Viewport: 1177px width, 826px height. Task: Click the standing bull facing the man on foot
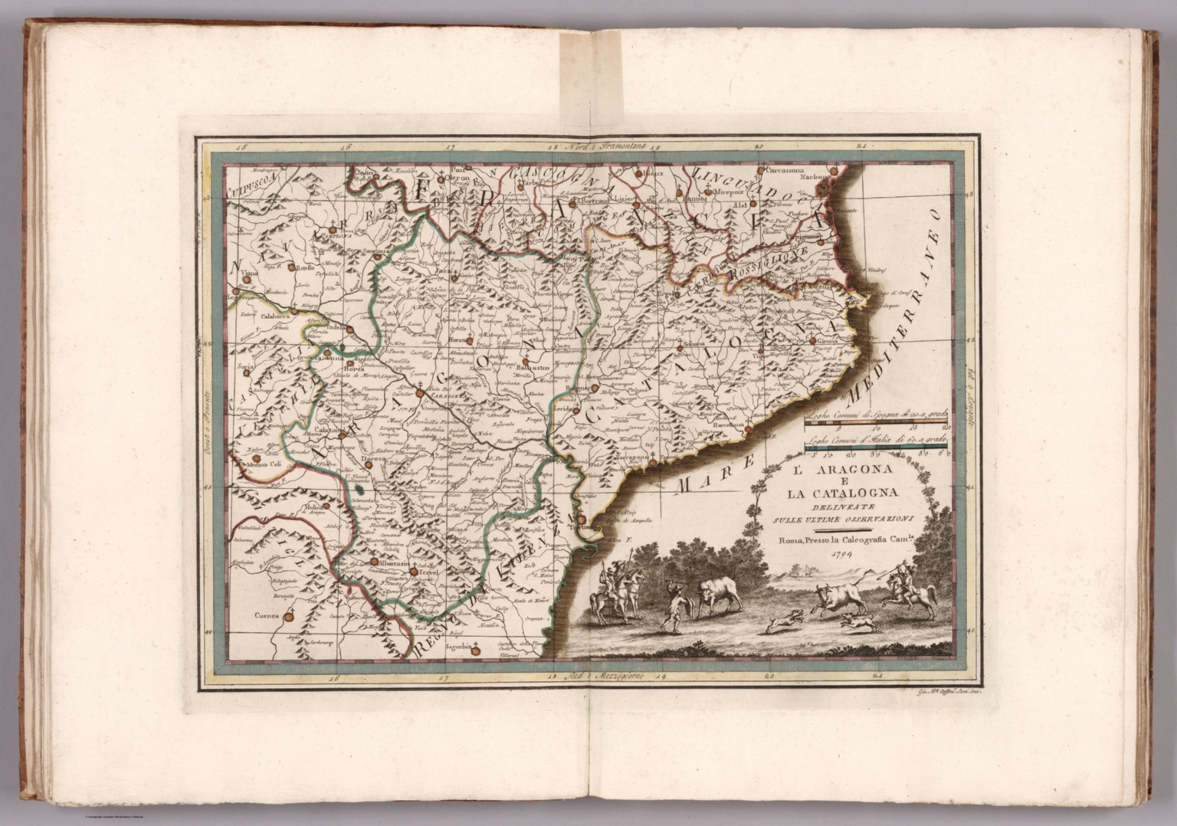pyautogui.click(x=714, y=596)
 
